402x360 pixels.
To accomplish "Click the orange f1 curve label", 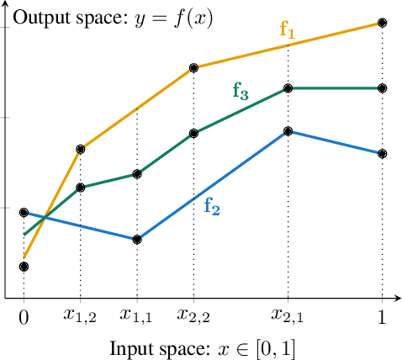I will [x=288, y=31].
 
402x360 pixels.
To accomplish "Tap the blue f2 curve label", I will [x=212, y=207].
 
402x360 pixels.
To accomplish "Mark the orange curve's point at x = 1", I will [x=383, y=23].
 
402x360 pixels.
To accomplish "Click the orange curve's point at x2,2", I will [x=193, y=67].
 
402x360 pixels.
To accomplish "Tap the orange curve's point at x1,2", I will [x=81, y=149].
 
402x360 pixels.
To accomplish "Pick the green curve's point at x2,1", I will [x=288, y=87].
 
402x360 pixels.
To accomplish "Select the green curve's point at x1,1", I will [x=137, y=174].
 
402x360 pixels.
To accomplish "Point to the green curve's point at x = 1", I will [x=383, y=87].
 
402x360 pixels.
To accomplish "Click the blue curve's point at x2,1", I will [x=288, y=131].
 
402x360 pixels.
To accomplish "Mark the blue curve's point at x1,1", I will [x=137, y=240].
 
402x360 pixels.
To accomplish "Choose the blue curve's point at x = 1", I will [x=383, y=154].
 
